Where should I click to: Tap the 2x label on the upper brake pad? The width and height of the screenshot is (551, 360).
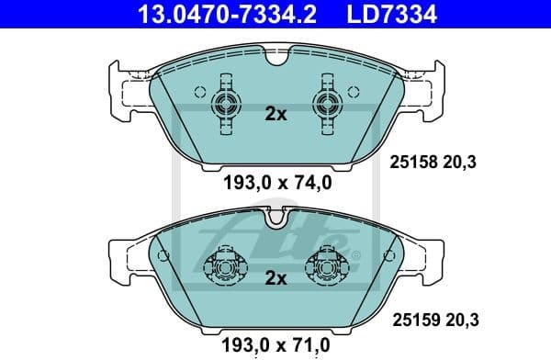click(x=276, y=115)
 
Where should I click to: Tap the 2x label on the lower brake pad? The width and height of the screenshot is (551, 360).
click(x=276, y=277)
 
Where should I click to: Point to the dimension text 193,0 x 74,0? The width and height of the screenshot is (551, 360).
click(x=276, y=182)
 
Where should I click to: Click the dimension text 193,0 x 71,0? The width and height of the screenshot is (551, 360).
click(x=276, y=345)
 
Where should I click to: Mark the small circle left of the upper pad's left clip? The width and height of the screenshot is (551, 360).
click(x=199, y=92)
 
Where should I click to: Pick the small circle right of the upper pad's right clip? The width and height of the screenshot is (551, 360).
click(x=354, y=92)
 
